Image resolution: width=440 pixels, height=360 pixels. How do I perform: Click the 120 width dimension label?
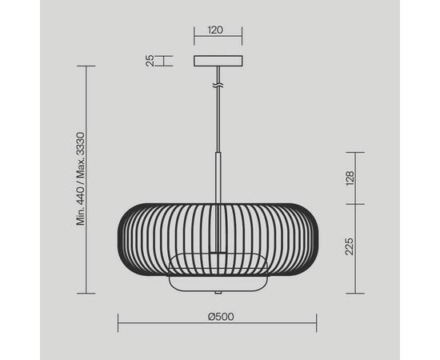click(215, 30)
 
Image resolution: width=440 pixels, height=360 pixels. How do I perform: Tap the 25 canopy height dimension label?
click(150, 61)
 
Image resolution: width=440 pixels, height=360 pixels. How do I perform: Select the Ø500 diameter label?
click(221, 317)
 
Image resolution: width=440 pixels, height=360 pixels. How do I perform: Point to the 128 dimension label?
click(350, 178)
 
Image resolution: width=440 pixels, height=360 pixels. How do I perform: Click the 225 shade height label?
click(349, 246)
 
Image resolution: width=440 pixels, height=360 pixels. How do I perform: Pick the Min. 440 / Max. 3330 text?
click(81, 178)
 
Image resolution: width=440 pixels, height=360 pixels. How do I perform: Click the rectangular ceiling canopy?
click(218, 61)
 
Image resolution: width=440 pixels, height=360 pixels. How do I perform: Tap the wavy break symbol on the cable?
click(218, 86)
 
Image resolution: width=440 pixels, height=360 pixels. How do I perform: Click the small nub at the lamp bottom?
click(218, 292)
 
